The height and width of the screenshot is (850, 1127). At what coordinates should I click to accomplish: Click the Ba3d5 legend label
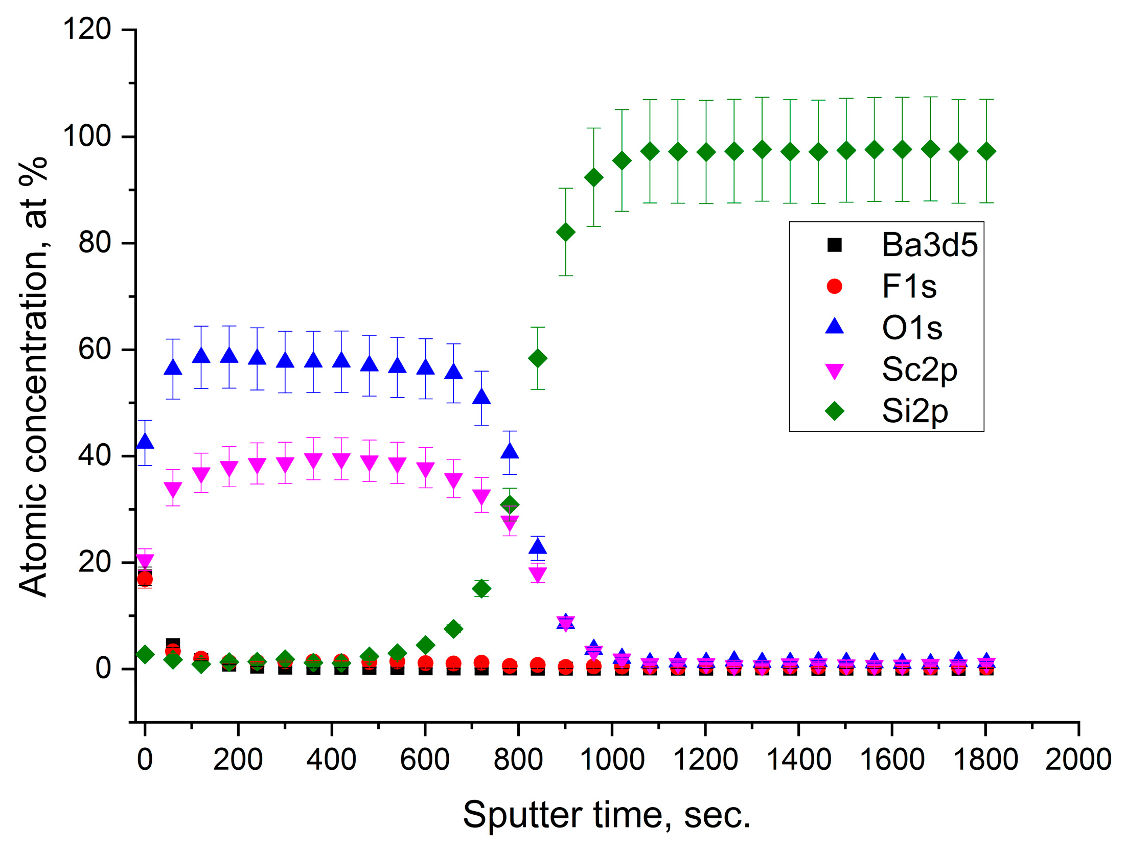[929, 245]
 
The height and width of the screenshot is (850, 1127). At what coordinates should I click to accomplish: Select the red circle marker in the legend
[834, 286]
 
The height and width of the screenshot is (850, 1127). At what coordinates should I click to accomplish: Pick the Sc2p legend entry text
[919, 369]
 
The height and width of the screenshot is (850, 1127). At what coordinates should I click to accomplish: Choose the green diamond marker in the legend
[834, 410]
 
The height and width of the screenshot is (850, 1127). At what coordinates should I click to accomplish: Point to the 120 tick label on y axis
[86, 29]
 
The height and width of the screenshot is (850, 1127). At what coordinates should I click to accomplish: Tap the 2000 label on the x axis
[1077, 760]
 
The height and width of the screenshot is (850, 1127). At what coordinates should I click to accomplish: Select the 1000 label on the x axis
[611, 760]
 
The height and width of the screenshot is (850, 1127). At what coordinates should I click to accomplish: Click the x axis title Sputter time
[606, 815]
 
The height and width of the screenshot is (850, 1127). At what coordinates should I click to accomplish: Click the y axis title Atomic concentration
[33, 377]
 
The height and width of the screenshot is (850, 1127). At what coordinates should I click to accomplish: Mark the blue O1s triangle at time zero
[145, 441]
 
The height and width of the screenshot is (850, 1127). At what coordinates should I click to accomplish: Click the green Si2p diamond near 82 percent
[565, 232]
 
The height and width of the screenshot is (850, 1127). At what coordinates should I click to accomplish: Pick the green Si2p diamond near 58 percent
[537, 358]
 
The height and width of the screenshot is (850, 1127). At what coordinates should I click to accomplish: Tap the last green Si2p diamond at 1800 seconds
[986, 152]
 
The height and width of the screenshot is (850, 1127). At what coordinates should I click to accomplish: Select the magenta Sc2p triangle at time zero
[145, 561]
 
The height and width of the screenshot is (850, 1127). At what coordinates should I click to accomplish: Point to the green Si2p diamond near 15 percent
[481, 589]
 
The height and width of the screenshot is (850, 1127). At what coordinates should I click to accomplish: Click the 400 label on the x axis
[331, 760]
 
